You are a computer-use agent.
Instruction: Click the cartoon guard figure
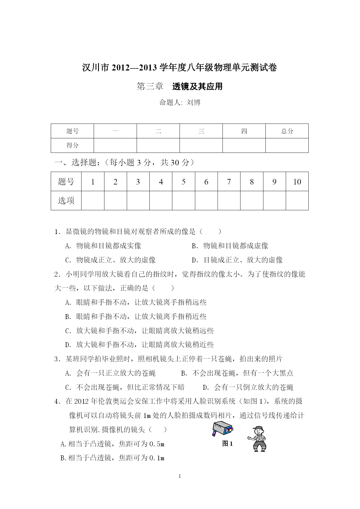[257, 439]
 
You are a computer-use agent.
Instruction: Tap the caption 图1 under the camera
[227, 444]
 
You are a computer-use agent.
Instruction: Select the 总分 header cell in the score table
[287, 131]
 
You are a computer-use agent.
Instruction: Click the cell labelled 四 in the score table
[244, 131]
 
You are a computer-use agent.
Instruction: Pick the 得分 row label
[72, 145]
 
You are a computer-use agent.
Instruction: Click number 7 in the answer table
[229, 182]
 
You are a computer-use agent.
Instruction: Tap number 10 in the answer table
[297, 182]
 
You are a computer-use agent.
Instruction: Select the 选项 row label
[66, 200]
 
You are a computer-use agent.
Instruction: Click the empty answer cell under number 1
[93, 200]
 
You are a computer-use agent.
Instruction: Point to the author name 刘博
[193, 102]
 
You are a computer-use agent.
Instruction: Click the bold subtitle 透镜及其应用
[197, 86]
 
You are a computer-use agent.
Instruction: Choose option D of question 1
[237, 260]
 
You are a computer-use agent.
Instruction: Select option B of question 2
[136, 316]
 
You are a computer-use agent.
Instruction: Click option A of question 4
[113, 444]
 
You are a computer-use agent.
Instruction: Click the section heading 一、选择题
[75, 163]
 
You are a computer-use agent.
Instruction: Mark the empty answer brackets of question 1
[211, 231]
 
